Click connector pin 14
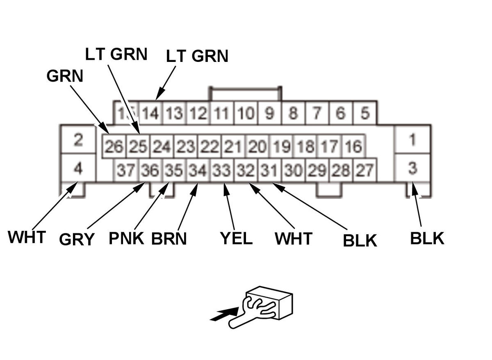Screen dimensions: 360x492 pos(151,113)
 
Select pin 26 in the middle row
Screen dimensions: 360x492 pos(114,147)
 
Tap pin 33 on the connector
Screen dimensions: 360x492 pos(222,170)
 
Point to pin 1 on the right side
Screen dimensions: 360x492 pos(412,140)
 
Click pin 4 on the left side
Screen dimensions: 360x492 pos(78,168)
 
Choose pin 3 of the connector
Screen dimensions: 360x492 pos(412,168)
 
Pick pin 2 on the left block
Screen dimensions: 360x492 pos(78,140)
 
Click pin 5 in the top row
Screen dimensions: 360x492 pos(364,113)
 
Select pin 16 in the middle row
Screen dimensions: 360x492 pos(353,147)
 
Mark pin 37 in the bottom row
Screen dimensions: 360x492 pos(126,170)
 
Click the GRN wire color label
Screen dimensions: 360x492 pos(65,76)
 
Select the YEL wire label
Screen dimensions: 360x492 pos(236,238)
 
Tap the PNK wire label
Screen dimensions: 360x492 pos(126,238)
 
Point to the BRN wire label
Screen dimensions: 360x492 pos(169,238)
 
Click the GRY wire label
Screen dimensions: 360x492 pos(77,239)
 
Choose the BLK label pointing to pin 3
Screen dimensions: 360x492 pos(427,238)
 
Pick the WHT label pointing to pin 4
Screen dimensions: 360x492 pos(27,237)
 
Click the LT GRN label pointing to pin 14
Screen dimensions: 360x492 pos(197,57)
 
